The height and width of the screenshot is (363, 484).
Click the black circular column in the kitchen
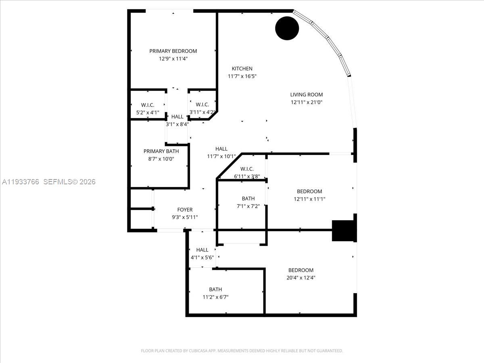tap(287, 28)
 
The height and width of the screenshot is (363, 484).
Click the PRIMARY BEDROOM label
tap(173, 51)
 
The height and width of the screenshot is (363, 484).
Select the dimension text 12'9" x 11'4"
tap(173, 58)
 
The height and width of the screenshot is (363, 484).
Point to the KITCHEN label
tap(242, 69)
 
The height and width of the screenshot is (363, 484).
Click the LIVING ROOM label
tap(307, 95)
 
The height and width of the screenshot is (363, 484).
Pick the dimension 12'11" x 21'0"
tap(307, 102)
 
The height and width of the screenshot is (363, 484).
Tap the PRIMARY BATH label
tap(161, 151)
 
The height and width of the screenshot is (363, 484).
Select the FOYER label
tap(185, 210)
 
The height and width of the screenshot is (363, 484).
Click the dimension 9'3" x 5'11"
tap(185, 217)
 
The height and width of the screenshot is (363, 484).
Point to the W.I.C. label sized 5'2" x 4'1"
tap(148, 105)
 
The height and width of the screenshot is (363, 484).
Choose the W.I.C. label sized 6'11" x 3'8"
tap(246, 169)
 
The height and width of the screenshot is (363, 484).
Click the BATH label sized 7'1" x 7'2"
tap(248, 198)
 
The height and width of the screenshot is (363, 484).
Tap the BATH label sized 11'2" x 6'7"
tap(215, 289)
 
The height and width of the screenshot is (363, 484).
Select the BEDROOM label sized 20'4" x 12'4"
tap(300, 270)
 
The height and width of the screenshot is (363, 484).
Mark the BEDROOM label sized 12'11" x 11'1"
tap(309, 191)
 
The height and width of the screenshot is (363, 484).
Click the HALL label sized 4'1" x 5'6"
tap(202, 250)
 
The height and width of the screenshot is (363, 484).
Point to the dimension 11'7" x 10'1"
tap(221, 156)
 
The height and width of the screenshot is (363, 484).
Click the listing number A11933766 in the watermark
tap(21, 182)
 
